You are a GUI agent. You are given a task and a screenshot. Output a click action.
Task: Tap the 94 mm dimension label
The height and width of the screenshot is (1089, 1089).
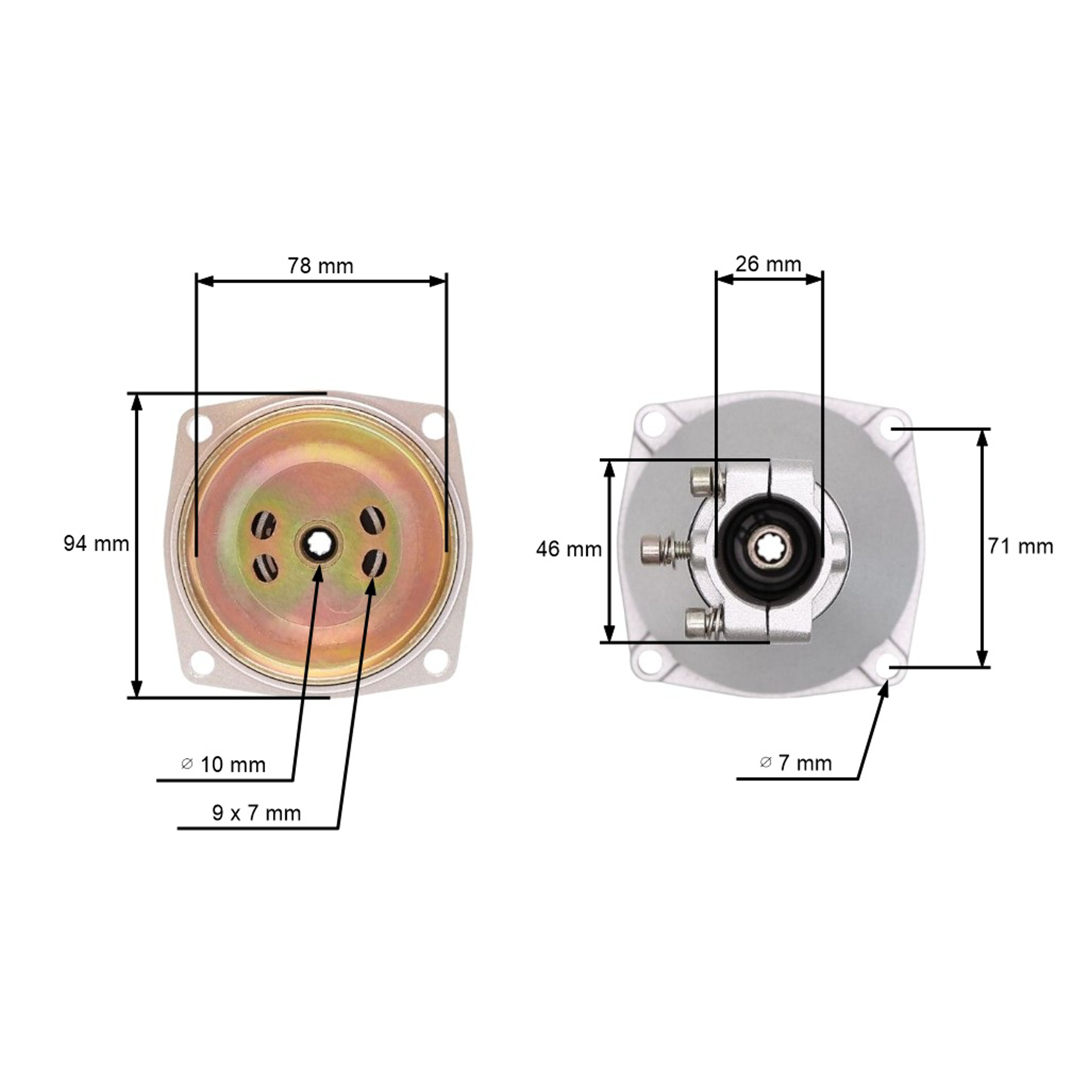click(x=97, y=543)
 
